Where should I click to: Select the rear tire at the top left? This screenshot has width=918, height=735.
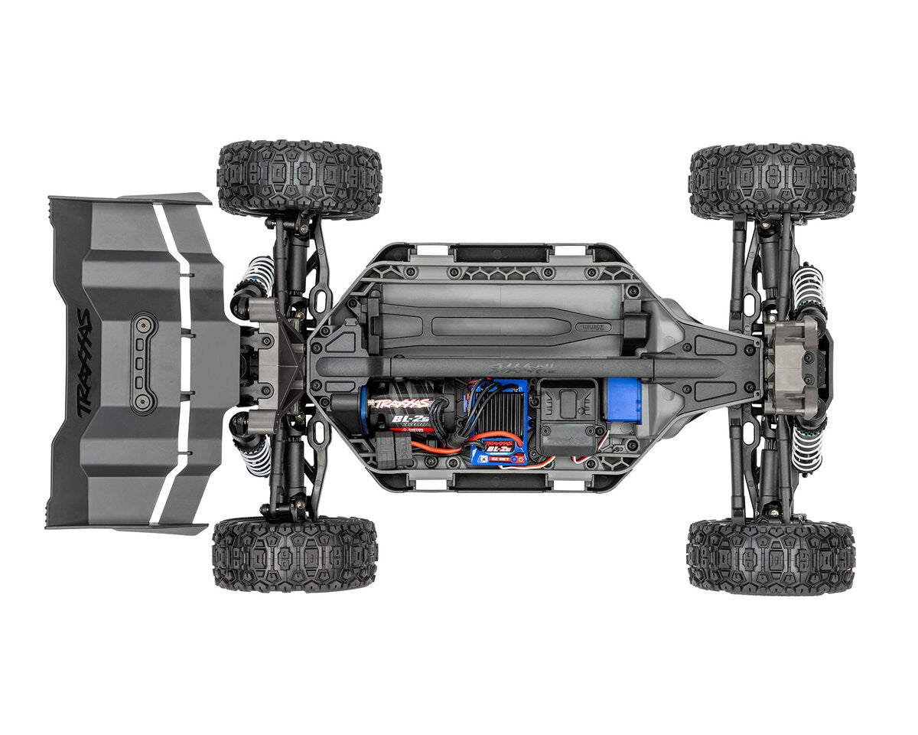[299, 179]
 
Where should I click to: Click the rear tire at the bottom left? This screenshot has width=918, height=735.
[295, 553]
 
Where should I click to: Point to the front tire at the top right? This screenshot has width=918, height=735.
[771, 181]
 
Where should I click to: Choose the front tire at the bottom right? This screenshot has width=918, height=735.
[770, 557]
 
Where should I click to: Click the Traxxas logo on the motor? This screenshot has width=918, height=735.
[401, 403]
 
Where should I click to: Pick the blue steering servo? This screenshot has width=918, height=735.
[623, 400]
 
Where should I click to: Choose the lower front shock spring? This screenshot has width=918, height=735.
[806, 449]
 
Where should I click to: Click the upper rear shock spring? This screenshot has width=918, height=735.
[259, 276]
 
